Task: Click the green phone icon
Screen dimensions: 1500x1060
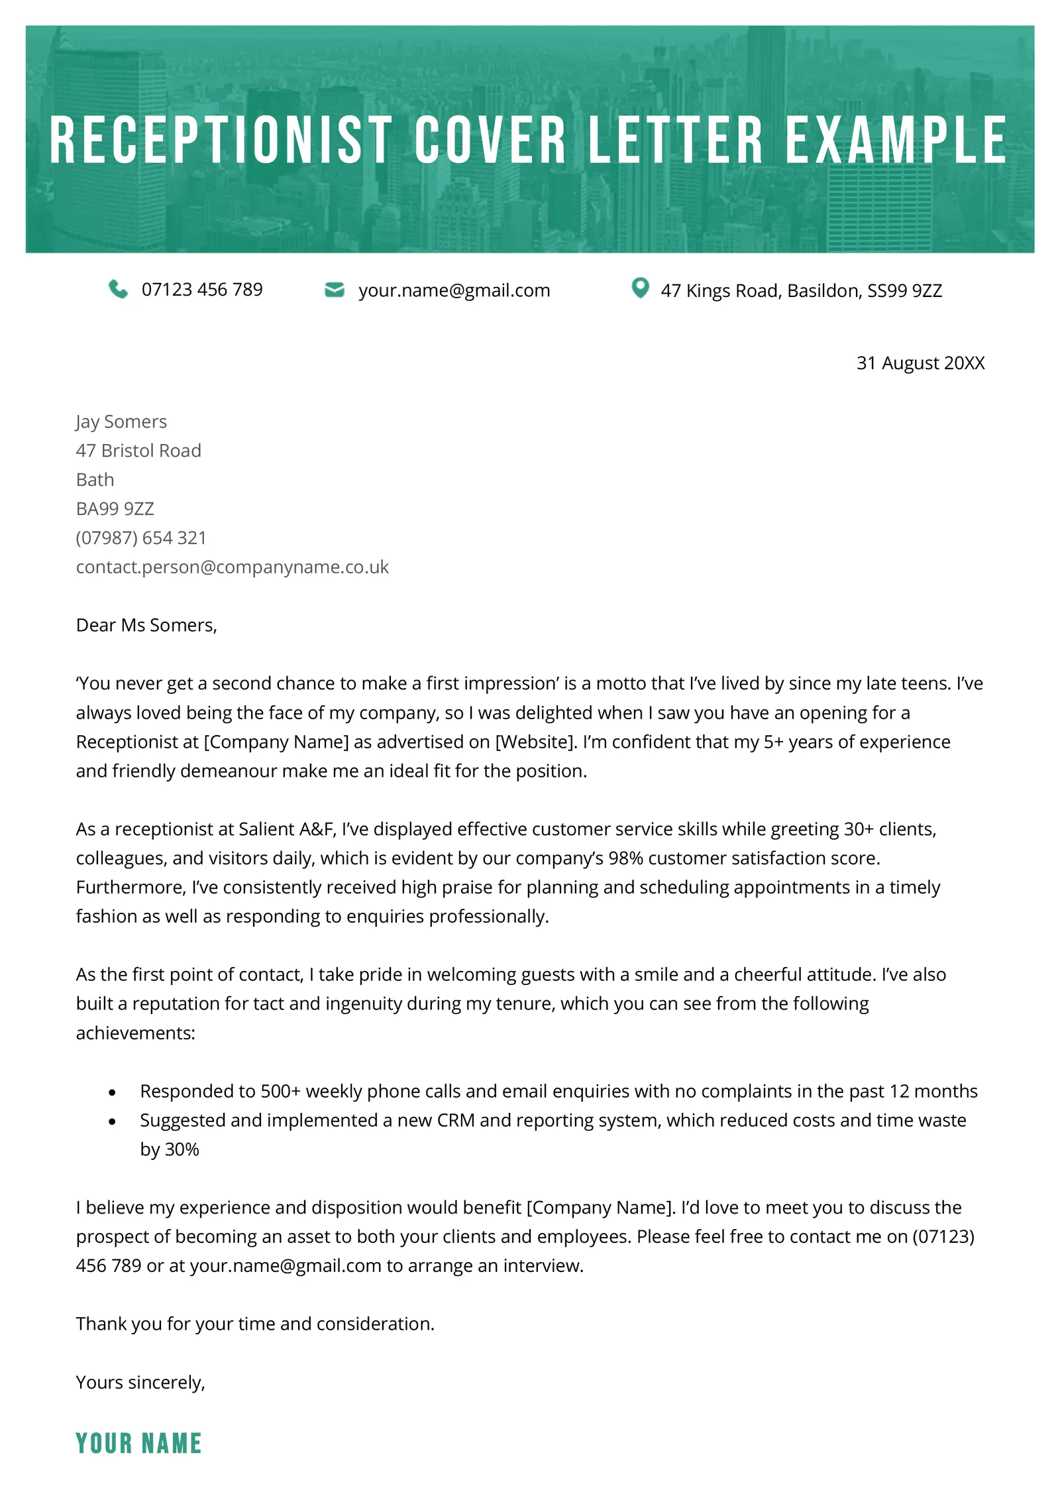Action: tap(118, 290)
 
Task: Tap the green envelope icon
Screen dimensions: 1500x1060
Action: tap(335, 290)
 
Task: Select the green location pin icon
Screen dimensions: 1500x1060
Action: tap(640, 288)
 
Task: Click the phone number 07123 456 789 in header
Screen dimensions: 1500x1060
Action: tap(202, 290)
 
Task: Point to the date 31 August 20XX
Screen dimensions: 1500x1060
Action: tap(920, 363)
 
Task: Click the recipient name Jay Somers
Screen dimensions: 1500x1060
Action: tap(121, 422)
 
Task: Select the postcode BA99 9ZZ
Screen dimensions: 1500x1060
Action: tap(115, 508)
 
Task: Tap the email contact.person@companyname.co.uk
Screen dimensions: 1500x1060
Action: tap(232, 567)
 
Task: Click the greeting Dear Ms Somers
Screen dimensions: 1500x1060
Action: tap(146, 625)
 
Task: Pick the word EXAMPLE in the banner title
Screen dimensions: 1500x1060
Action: tap(896, 140)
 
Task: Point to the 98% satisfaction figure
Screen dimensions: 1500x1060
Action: tap(625, 858)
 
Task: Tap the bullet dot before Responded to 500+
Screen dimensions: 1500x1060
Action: tap(112, 1092)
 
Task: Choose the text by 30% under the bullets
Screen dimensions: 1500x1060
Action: tap(170, 1149)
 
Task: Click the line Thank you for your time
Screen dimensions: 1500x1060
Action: tap(255, 1324)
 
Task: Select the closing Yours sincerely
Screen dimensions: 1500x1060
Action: tap(140, 1382)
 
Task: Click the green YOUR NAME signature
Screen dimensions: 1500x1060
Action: tap(138, 1443)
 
